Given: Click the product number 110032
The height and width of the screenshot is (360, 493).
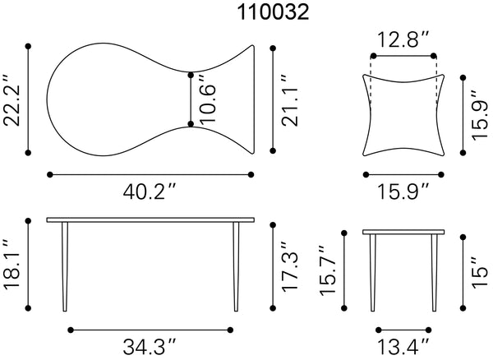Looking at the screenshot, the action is [273, 12].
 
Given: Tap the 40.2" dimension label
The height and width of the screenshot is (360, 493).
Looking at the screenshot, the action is [149, 192].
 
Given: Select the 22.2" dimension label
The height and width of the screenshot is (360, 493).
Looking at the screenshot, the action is [12, 100].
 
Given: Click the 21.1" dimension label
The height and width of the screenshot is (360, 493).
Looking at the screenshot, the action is [290, 100].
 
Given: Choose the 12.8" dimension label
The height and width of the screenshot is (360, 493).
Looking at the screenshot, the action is [403, 39].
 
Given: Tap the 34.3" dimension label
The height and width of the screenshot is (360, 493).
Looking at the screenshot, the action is [149, 347].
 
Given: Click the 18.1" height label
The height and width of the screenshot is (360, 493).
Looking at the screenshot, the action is [12, 264].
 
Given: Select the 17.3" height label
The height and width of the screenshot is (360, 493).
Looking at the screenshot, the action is [290, 266].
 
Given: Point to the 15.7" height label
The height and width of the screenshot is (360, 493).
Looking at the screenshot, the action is [328, 270].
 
